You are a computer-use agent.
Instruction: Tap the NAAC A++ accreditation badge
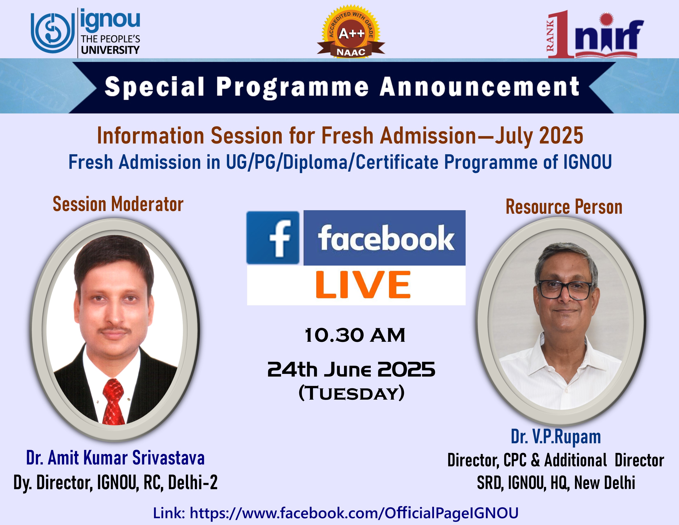[351, 31]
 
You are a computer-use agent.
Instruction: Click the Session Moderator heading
[118, 204]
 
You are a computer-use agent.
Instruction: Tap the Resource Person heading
[564, 207]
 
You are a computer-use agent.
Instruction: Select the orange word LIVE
[363, 285]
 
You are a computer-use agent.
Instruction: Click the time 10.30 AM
[355, 335]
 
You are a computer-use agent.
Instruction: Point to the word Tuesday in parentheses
[352, 393]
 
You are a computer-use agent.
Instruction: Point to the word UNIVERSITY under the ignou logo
[110, 50]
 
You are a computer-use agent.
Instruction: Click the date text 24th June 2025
[351, 370]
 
